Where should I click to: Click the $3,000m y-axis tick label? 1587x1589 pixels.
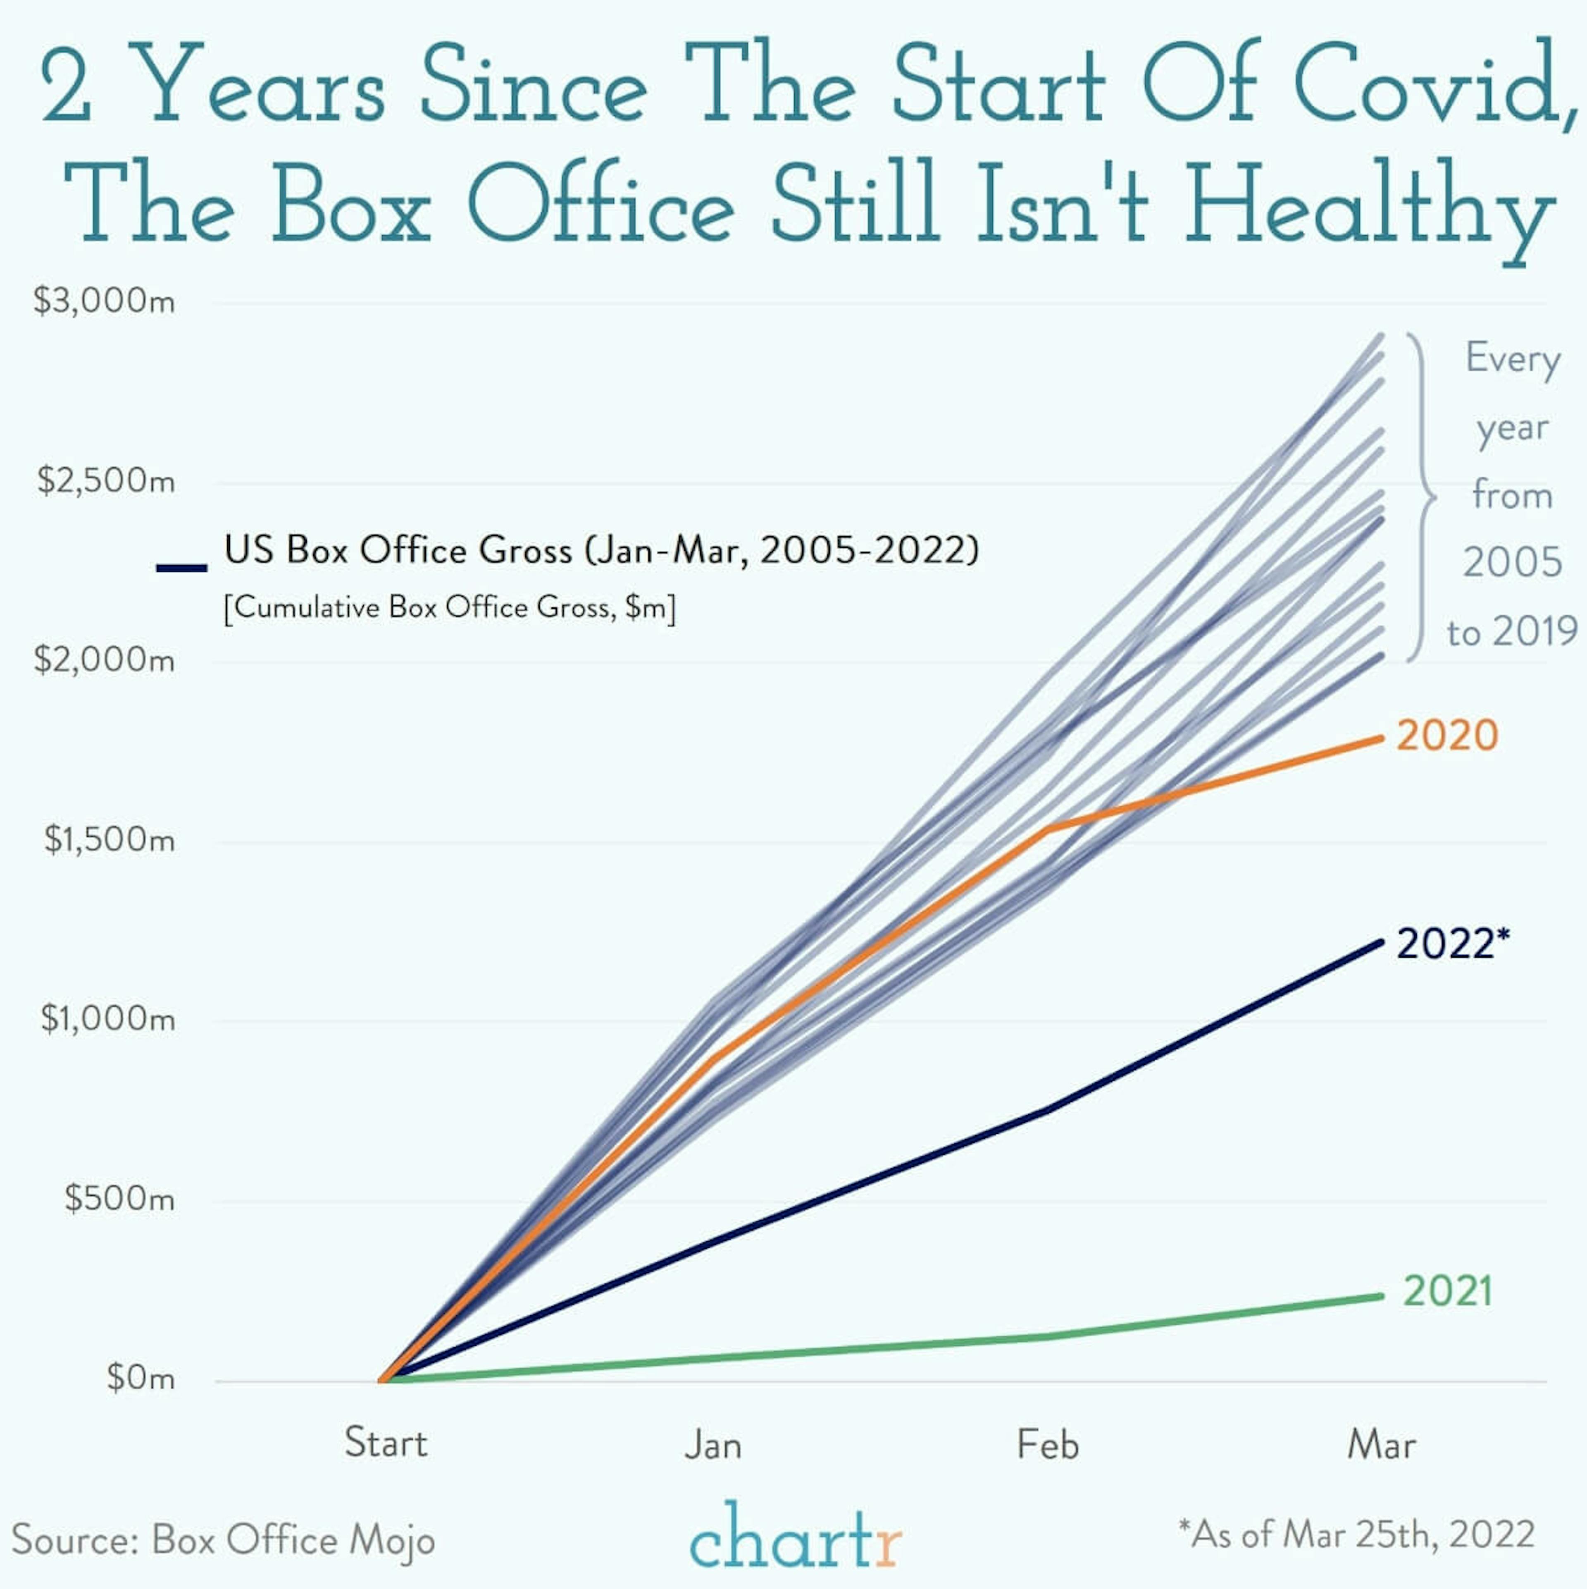(105, 301)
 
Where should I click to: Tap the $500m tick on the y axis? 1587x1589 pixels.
(119, 1198)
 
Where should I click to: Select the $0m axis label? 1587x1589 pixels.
(141, 1378)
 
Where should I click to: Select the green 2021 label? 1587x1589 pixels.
(1447, 1291)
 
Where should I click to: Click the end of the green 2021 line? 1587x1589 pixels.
(1382, 1296)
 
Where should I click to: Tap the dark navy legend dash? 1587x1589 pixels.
(182, 567)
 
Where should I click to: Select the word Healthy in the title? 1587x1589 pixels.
(1369, 205)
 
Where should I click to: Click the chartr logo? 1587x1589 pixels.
(795, 1536)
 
